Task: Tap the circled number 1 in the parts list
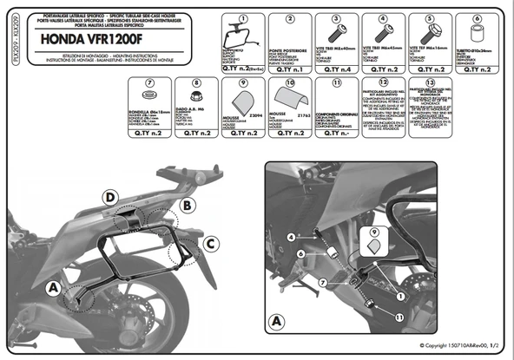click(242, 18)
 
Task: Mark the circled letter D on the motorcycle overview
click(110, 196)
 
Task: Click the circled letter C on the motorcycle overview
click(210, 244)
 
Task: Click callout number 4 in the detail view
click(290, 236)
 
